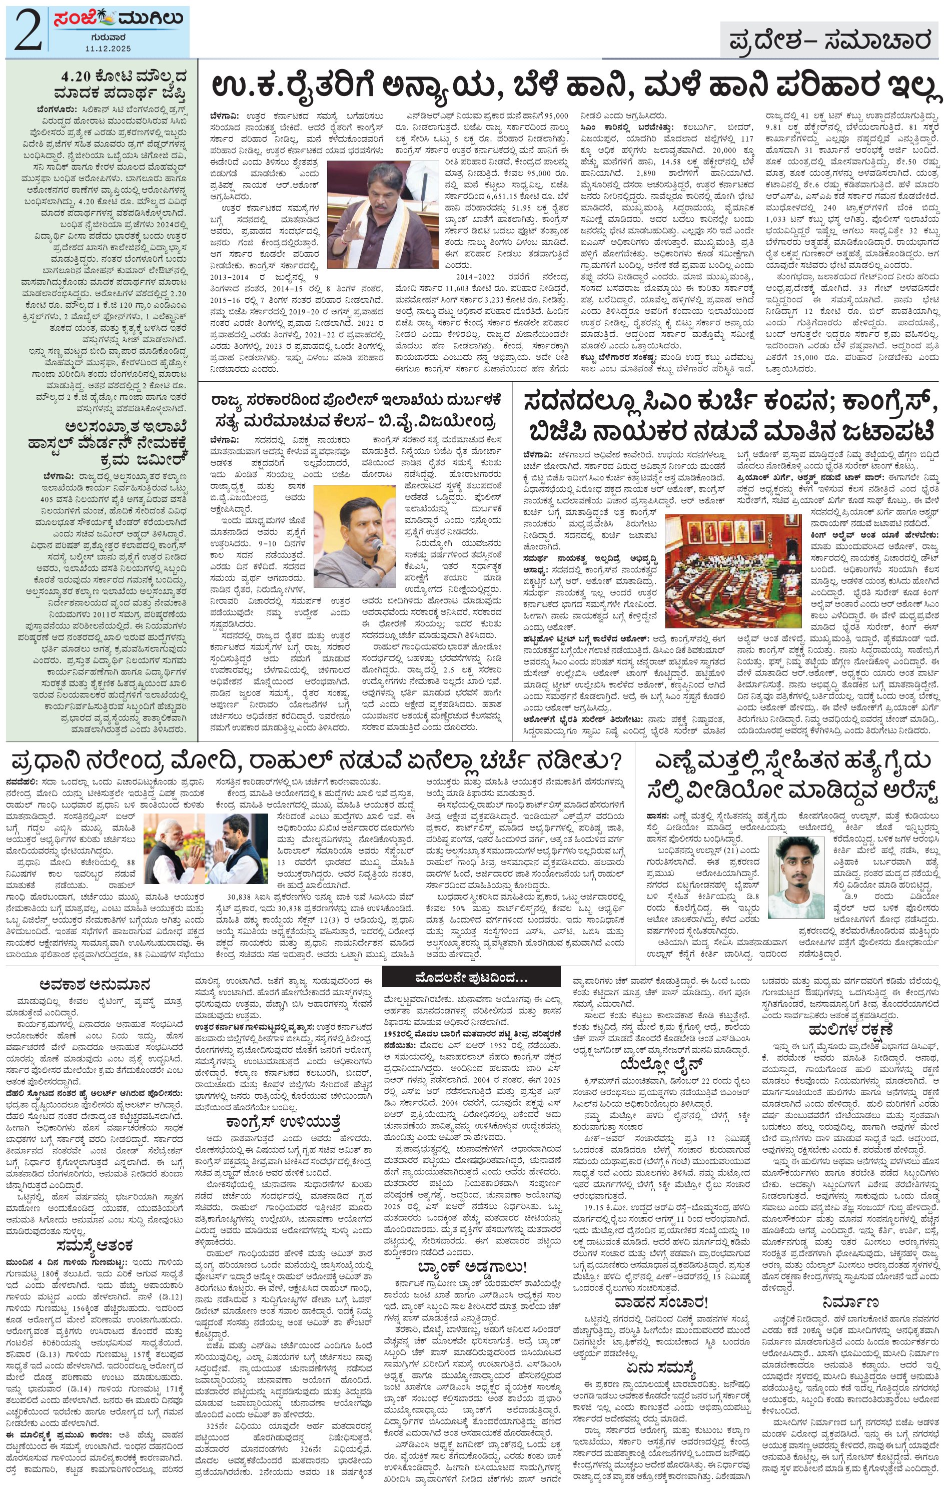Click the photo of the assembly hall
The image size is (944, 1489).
(x=732, y=569)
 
